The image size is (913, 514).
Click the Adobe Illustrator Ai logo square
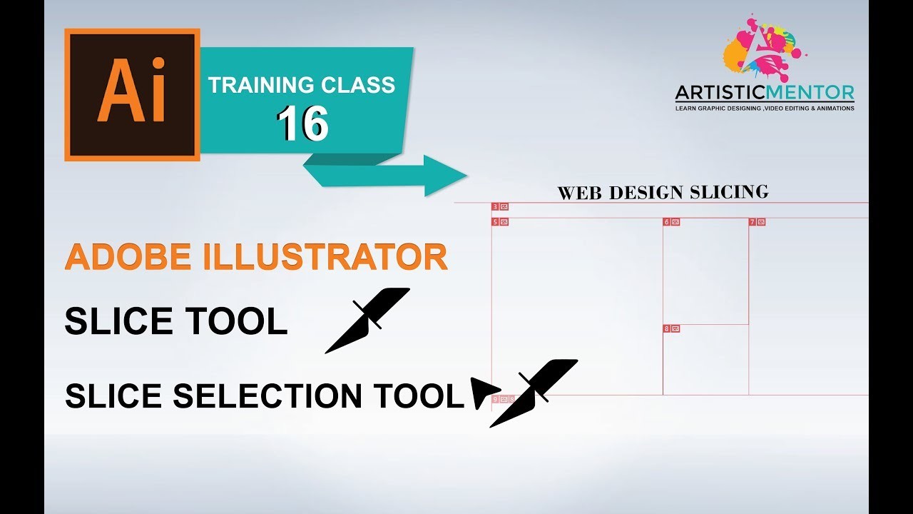[132, 94]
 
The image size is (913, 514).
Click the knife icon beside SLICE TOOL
[367, 319]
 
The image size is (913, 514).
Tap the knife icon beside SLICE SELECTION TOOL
[535, 392]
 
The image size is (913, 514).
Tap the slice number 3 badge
[500, 207]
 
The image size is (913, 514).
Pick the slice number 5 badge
[500, 222]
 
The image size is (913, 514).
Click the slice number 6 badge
[671, 222]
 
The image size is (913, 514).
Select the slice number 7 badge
[757, 222]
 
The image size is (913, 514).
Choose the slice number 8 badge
[671, 328]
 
